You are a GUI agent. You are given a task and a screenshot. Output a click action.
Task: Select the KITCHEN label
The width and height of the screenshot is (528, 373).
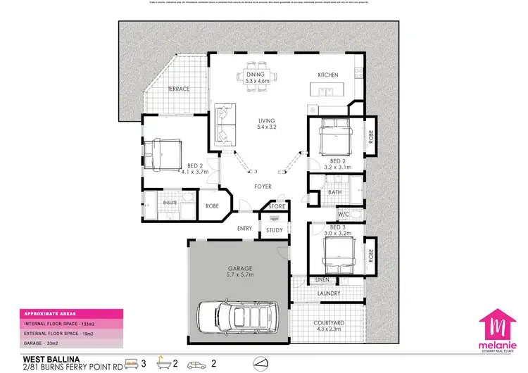tap(328, 75)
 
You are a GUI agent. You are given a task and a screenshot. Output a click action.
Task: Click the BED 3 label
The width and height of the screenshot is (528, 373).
tap(338, 228)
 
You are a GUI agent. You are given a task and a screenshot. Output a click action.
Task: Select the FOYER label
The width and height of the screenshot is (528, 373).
tap(263, 186)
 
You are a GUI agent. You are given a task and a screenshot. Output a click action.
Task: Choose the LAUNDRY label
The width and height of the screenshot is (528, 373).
tap(329, 293)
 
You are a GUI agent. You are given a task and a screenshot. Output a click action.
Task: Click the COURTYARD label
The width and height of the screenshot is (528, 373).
tap(328, 323)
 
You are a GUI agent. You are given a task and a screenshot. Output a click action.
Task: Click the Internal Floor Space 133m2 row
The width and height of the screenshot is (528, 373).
tap(70, 323)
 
